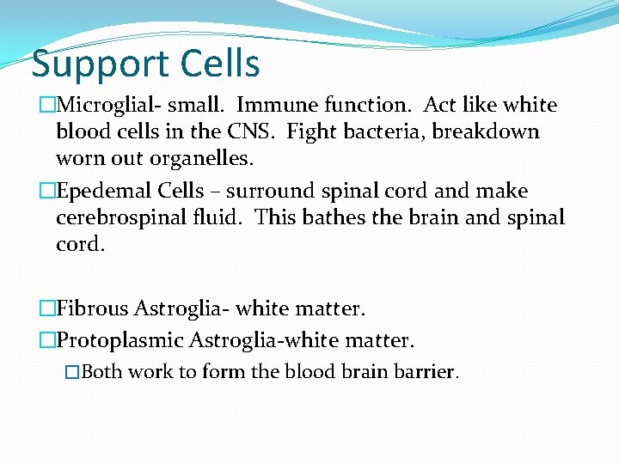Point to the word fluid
pos(223,217)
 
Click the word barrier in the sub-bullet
pos(427,372)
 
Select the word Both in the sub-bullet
pos(101,372)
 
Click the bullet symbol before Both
pos(73,372)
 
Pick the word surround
pos(267,191)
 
